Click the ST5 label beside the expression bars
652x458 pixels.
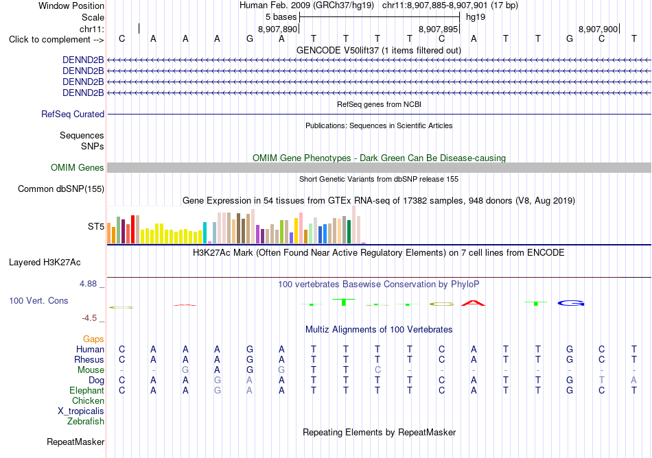tap(95, 226)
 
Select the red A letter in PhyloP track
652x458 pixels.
tap(473, 303)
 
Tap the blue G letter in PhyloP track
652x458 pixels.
tap(571, 303)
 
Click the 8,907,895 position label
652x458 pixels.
tap(438, 29)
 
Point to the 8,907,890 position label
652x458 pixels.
tap(277, 29)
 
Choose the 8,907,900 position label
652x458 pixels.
tap(598, 29)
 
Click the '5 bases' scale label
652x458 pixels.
tap(281, 17)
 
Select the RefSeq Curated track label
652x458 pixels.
tap(73, 114)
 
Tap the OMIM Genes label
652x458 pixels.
tap(78, 167)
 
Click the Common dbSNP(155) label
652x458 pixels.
tap(61, 189)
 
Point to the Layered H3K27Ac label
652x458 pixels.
tap(45, 263)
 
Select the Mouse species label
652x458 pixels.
tap(91, 370)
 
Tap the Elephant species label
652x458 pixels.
tap(87, 391)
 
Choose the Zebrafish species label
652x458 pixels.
tap(86, 422)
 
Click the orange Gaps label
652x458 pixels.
tap(93, 339)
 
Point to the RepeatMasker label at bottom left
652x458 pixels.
tap(75, 442)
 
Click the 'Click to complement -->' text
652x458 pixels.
tap(56, 40)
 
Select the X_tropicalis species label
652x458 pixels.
tap(81, 411)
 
